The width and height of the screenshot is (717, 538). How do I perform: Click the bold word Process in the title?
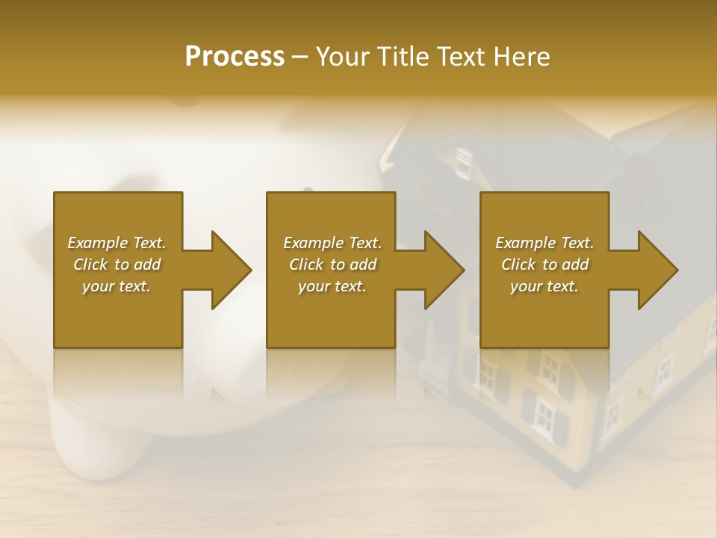235,57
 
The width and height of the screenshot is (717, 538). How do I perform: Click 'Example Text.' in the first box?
117,243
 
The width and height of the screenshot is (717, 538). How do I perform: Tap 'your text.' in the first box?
117,286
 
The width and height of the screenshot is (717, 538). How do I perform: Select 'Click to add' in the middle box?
332,265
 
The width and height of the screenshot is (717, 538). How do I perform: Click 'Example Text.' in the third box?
544,243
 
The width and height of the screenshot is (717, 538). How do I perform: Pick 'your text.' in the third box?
544,286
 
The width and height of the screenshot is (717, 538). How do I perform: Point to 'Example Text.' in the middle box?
332,243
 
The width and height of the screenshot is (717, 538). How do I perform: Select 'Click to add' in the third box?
544,265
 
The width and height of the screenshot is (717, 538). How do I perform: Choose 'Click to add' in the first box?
117,265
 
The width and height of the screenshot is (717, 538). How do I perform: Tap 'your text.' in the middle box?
332,286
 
